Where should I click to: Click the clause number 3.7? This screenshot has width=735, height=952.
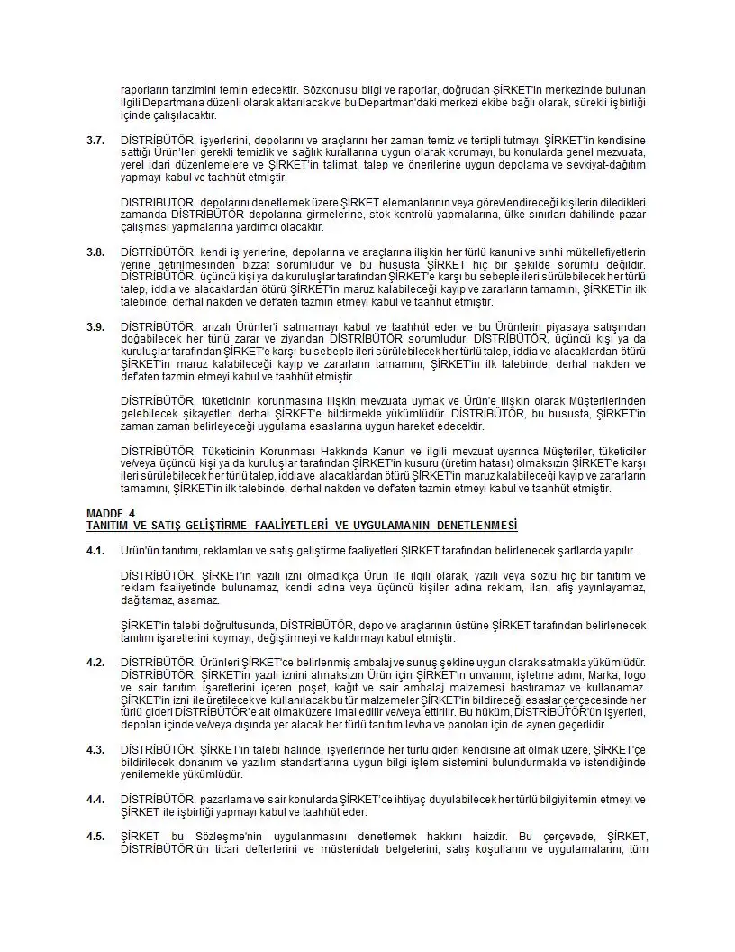pyautogui.click(x=95, y=141)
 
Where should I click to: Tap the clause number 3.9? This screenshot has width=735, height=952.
pyautogui.click(x=95, y=327)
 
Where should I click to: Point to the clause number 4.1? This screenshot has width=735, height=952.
pyautogui.click(x=95, y=551)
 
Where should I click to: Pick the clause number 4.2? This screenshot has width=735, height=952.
pyautogui.click(x=95, y=663)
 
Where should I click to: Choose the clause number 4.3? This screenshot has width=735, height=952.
pyautogui.click(x=95, y=749)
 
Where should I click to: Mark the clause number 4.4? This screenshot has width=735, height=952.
pyautogui.click(x=95, y=799)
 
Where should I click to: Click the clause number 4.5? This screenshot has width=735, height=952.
pyautogui.click(x=95, y=837)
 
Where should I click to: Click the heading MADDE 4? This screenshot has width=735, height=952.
pyautogui.click(x=111, y=513)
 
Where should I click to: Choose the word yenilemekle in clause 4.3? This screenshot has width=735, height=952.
pyautogui.click(x=146, y=773)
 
